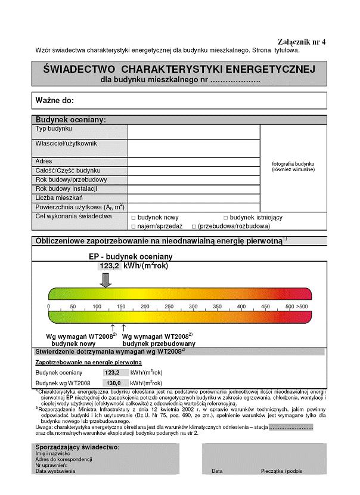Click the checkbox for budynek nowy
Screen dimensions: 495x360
pyautogui.click(x=134, y=218)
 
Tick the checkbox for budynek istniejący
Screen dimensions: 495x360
pyautogui.click(x=226, y=218)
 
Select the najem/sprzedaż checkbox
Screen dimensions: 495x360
pyautogui.click(x=134, y=227)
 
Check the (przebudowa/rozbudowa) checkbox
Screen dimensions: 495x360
pyautogui.click(x=194, y=227)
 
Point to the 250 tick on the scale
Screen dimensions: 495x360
pyautogui.click(x=169, y=306)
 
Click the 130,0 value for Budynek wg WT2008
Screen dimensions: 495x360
pyautogui.click(x=113, y=383)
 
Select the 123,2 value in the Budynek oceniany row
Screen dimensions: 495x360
pyautogui.click(x=113, y=372)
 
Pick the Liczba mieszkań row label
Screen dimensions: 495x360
pyautogui.click(x=59, y=197)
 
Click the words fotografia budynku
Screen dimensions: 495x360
pyautogui.click(x=293, y=163)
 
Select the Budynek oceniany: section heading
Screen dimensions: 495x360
pyautogui.click(x=70, y=120)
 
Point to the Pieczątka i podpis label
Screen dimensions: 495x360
pyautogui.click(x=281, y=471)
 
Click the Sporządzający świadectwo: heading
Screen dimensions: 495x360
pyautogui.click(x=77, y=447)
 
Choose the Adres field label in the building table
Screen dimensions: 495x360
pyautogui.click(x=44, y=161)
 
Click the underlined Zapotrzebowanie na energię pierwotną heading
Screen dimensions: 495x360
pyautogui.click(x=88, y=362)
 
